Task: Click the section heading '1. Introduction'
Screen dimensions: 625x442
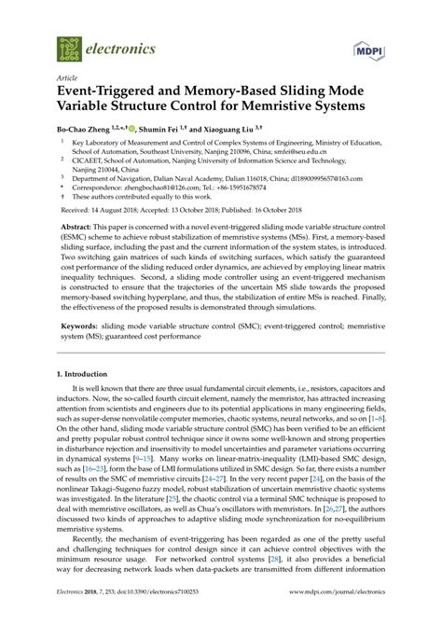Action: [87, 398]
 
